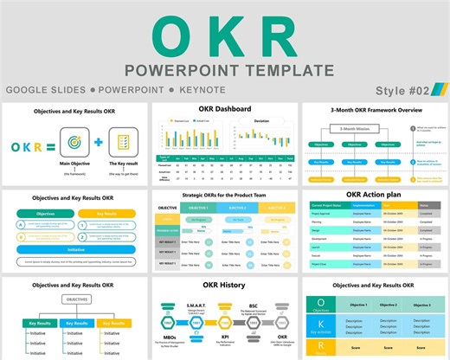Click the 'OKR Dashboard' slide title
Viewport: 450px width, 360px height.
(224, 110)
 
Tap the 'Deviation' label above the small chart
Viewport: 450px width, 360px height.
(260, 121)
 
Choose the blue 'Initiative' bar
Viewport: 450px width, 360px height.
(76, 248)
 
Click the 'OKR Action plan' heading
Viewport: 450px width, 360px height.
(376, 195)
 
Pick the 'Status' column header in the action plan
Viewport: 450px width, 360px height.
(424, 205)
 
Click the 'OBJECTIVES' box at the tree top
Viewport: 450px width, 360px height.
(76, 299)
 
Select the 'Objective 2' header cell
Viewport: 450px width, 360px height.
(389, 305)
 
